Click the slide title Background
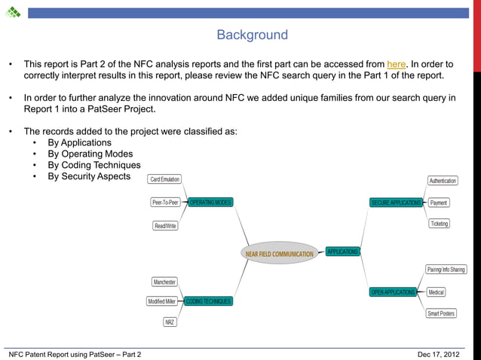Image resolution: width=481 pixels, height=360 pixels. pos(252,35)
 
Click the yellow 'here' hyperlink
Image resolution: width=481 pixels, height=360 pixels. pos(396,64)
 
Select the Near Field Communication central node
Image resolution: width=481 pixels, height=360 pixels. pos(279,254)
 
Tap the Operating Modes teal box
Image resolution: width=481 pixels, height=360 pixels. pos(210,203)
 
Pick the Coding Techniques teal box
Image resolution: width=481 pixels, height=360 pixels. pos(208,301)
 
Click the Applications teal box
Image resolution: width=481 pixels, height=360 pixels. pos(342,252)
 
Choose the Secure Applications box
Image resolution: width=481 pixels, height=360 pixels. pos(396,203)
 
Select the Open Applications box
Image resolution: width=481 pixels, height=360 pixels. pos(393,292)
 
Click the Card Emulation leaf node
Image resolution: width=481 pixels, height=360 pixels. pos(165,179)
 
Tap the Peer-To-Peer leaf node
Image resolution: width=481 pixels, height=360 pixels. pos(165,203)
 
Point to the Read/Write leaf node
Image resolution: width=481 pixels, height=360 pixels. pos(165,226)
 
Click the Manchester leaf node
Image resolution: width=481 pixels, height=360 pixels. pos(164,282)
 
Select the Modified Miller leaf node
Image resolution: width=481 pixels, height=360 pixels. pos(161,301)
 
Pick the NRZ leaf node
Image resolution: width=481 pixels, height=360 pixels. pos(170,322)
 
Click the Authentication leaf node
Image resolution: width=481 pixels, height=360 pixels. pos(443,181)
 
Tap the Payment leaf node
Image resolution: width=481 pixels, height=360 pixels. pos(439,203)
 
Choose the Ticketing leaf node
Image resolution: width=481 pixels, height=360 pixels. pos(439,224)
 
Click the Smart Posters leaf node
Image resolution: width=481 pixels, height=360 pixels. pos(441,313)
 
